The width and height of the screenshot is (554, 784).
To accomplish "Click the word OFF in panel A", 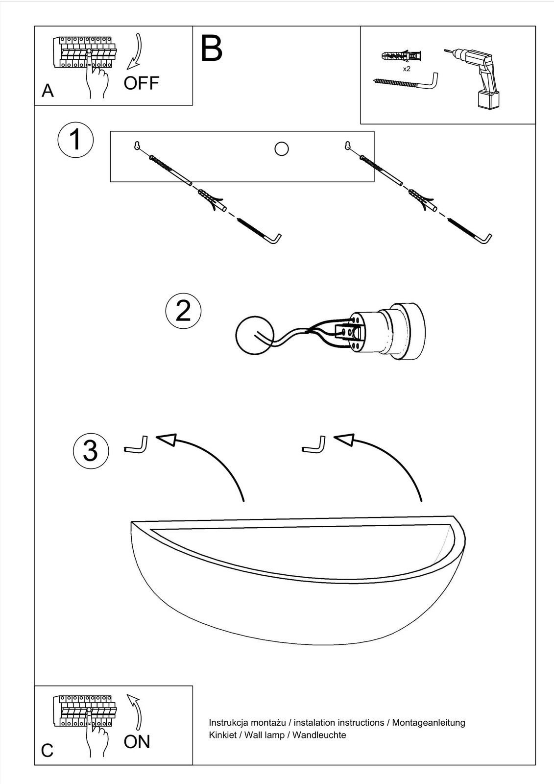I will tap(141, 83).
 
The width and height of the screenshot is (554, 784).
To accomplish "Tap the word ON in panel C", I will tap(137, 742).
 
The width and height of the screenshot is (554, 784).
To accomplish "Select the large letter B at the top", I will tap(212, 49).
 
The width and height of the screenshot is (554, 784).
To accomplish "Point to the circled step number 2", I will tap(183, 311).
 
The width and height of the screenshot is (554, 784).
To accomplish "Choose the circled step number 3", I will tap(91, 451).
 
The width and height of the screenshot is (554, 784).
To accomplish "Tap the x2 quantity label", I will tap(407, 69).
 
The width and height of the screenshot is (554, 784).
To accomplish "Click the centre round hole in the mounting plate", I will tap(282, 148).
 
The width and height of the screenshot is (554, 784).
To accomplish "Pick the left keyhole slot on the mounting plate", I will tap(138, 145).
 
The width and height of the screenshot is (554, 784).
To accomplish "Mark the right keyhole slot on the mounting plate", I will tap(348, 145).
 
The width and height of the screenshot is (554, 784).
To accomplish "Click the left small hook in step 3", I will tap(137, 445).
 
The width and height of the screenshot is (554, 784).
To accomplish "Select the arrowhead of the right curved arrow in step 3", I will tap(344, 440).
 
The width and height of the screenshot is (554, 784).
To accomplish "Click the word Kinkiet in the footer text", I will tap(223, 735).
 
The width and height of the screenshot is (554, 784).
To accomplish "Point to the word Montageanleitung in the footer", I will tap(429, 722).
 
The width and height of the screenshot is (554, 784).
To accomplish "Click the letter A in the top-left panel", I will tap(48, 91).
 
